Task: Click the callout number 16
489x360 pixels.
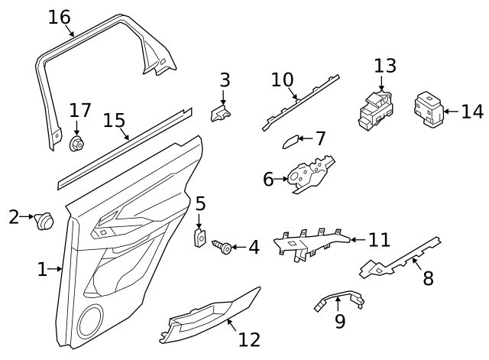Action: click(x=59, y=17)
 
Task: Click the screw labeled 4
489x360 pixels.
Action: click(x=223, y=247)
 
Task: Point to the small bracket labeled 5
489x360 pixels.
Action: click(x=200, y=237)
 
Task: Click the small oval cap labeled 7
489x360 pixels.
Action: click(x=289, y=141)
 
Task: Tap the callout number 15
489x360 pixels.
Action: click(x=114, y=121)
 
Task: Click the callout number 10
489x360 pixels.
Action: click(x=282, y=79)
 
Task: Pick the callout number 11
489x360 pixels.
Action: click(x=379, y=240)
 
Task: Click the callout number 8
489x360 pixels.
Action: click(x=428, y=277)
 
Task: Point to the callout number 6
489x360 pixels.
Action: click(x=268, y=179)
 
